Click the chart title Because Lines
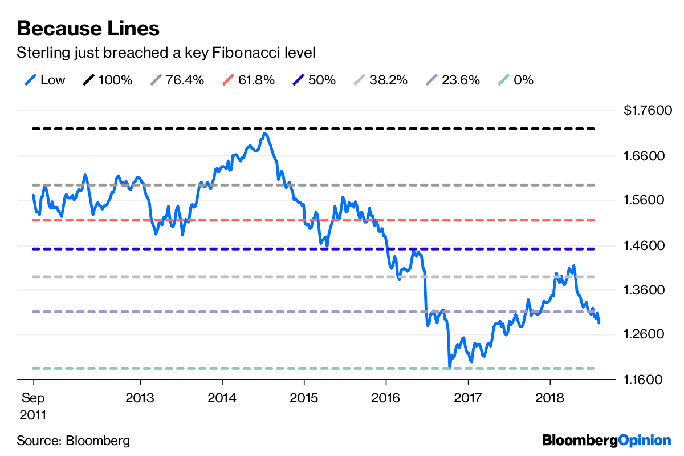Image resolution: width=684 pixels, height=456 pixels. (88, 27)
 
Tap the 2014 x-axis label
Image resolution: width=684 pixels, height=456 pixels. (222, 397)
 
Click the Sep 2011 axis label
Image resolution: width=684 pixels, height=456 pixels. (33, 406)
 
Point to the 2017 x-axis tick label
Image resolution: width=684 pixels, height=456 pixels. (468, 397)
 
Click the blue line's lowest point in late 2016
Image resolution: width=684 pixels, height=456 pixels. (449, 366)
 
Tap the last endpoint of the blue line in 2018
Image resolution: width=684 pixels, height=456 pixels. (599, 323)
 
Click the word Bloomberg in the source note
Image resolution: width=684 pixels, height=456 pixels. (98, 441)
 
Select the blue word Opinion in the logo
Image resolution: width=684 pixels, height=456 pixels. (645, 440)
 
